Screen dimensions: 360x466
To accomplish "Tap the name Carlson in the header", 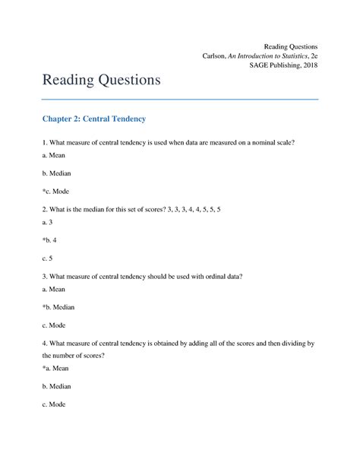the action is [x=215, y=55].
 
